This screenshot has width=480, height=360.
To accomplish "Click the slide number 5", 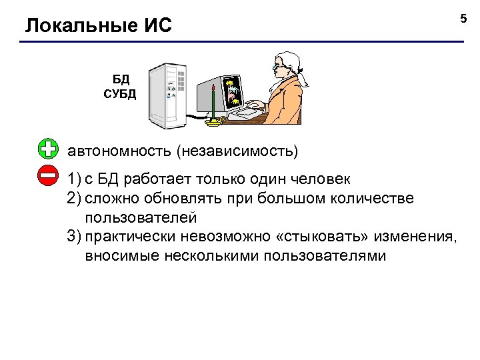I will click(x=464, y=18).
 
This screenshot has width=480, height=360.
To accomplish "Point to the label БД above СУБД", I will click(x=121, y=81).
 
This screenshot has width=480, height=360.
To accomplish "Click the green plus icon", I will click(x=49, y=149).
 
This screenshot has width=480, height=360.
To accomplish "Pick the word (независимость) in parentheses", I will click(x=237, y=151).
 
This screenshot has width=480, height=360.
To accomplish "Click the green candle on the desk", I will click(x=213, y=103).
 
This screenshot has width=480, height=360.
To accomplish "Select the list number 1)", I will click(x=73, y=180).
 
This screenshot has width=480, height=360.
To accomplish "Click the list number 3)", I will click(x=73, y=237).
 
